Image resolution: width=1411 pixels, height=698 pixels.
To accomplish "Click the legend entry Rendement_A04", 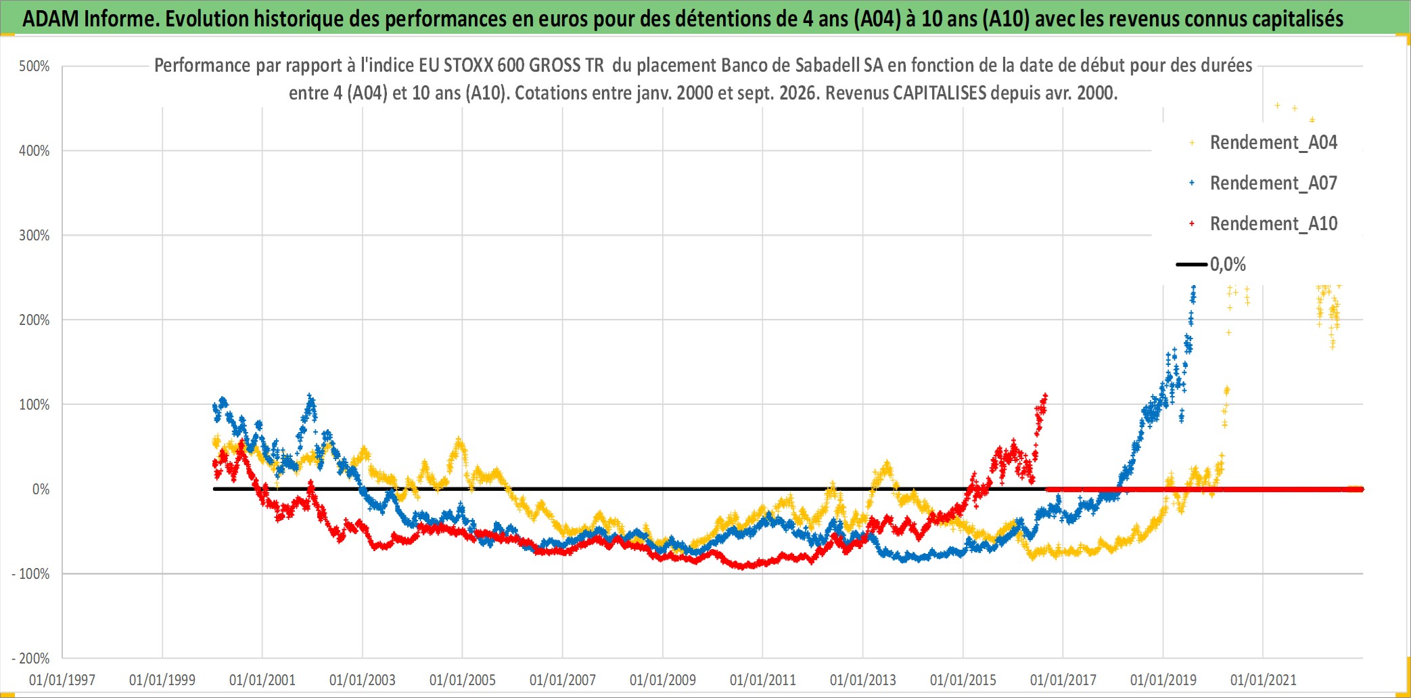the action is (1264, 143).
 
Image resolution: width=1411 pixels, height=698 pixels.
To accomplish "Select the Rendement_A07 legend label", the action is (1274, 183).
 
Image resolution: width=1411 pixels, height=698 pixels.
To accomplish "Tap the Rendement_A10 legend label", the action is (1274, 223).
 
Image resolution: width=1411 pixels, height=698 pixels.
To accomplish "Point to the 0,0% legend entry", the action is (1211, 264).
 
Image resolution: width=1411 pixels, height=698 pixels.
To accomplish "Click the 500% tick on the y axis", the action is (34, 66).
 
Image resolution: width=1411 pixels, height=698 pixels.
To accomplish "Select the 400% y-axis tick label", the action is (34, 151).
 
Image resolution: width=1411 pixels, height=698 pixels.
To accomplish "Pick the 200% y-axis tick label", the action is (34, 320).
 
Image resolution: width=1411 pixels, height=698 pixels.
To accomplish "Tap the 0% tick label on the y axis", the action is (41, 489).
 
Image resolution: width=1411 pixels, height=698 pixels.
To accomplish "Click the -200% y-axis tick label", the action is (31, 659).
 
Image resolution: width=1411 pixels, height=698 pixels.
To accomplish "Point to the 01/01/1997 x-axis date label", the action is (62, 680).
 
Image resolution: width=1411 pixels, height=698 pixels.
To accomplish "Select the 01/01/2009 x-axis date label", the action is (663, 680).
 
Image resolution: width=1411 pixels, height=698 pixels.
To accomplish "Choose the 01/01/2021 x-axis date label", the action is (1264, 680).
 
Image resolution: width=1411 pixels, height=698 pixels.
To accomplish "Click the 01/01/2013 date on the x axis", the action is (863, 680).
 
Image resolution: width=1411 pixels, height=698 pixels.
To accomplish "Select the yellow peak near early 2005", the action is (459, 439).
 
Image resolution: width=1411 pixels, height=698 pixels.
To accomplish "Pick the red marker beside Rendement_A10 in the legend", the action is (1192, 223).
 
